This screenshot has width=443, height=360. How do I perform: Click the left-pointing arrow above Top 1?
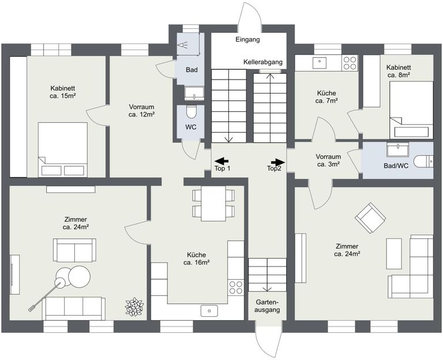221,162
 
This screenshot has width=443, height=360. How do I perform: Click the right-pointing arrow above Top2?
277,162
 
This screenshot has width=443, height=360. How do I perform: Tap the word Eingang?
248,40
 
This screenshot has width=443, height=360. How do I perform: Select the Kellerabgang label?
262,62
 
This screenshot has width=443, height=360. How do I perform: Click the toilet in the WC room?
192,112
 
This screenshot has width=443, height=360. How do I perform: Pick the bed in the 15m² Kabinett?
62,149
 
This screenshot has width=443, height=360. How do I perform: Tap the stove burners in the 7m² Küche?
350,62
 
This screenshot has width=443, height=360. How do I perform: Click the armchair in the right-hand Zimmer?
370,218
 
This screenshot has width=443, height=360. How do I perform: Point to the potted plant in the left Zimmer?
135,306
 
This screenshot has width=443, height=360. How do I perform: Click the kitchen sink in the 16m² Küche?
208,311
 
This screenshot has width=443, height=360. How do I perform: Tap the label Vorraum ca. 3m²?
328,160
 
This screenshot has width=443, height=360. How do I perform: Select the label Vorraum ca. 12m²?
141,111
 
